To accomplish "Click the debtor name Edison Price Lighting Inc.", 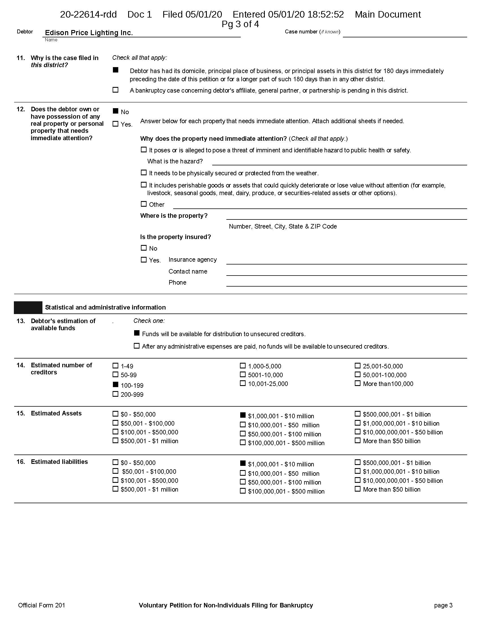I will (89, 33).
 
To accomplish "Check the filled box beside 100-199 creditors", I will (115, 385).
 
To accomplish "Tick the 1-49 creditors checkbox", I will (115, 365).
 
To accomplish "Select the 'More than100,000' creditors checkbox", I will (358, 383).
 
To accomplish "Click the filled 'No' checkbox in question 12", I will (115, 111).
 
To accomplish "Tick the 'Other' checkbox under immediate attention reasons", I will (144, 204).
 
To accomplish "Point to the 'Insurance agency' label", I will (193, 260).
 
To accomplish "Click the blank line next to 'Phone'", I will (346, 283).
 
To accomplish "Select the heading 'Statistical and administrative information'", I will (106, 307).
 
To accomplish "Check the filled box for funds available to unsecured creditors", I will (137, 333).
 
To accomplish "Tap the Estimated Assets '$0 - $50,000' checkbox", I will (115, 414).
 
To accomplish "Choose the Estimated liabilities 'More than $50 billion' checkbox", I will (358, 489).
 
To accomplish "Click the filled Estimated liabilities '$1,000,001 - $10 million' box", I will (243, 463).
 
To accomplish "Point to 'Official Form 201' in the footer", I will (42, 605).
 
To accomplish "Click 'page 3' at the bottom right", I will (443, 605).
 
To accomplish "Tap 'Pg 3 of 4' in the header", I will (240, 24).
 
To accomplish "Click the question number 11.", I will (21, 58).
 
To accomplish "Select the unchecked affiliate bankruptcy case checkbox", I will (115, 90).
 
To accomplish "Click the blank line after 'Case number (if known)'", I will (405, 34).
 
